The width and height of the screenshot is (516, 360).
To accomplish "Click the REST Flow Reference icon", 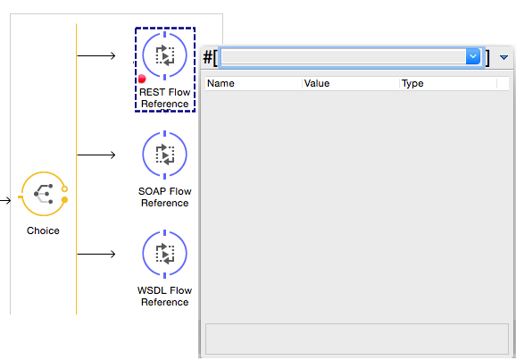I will click(x=164, y=55).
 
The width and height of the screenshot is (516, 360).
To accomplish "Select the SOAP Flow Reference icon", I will click(x=164, y=155).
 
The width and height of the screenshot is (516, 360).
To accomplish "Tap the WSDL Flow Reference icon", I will click(x=164, y=255).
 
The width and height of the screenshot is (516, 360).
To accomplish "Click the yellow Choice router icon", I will click(x=43, y=194).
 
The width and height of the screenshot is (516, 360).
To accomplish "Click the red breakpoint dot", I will click(x=142, y=80).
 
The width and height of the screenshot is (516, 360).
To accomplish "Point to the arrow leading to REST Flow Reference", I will click(x=97, y=56).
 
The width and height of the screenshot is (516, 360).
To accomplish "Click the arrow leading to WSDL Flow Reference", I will click(x=97, y=255).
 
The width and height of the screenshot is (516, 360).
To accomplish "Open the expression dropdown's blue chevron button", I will click(x=473, y=57).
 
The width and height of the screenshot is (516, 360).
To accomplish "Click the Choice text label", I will click(x=43, y=230).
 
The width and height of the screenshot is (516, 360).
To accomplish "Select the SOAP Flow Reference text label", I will click(x=164, y=197).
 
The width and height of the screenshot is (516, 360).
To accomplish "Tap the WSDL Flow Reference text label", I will click(x=164, y=297).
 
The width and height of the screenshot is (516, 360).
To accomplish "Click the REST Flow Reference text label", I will click(x=165, y=98).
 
